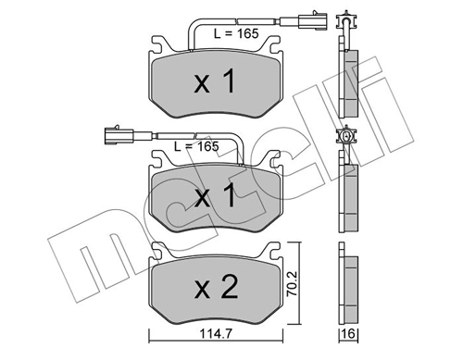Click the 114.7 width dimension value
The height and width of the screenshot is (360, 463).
coord(216,333)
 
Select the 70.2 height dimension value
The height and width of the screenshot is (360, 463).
coord(292,284)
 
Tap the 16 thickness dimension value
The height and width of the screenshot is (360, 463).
coord(349,334)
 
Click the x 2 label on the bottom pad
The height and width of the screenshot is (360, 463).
coord(216,287)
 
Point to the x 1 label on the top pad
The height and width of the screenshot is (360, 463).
coord(215,81)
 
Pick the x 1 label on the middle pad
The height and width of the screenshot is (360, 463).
coord(215,194)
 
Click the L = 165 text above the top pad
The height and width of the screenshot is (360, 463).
coord(236,33)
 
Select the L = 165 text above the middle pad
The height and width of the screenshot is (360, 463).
coord(196,146)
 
